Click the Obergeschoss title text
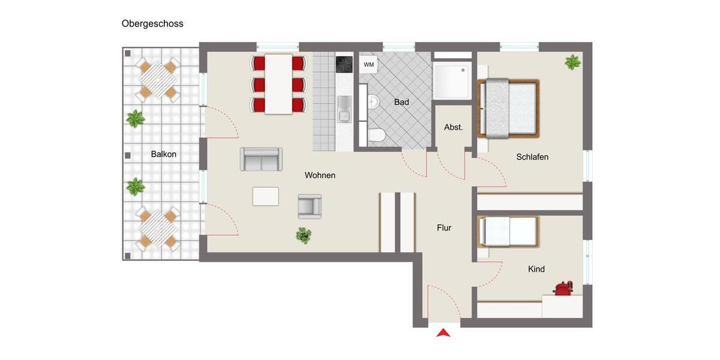pos(152,24)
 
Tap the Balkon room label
pos(164,154)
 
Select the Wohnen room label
pos(320,175)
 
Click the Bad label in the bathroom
pos(401,103)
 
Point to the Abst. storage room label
pos(454,127)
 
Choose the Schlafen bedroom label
pos(532,157)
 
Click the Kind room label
pos(536,269)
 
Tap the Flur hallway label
pos(444,228)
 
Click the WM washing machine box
pos(368,64)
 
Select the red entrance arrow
pos(443,333)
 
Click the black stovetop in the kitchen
pos(344,64)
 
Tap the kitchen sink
pos(344,109)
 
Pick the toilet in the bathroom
pos(376,136)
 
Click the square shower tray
pos(451,80)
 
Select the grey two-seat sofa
pos(261,159)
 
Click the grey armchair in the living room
pos(310,206)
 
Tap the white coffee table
pos(266,196)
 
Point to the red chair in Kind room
pos(563,289)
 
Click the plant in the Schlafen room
pos(572,62)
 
